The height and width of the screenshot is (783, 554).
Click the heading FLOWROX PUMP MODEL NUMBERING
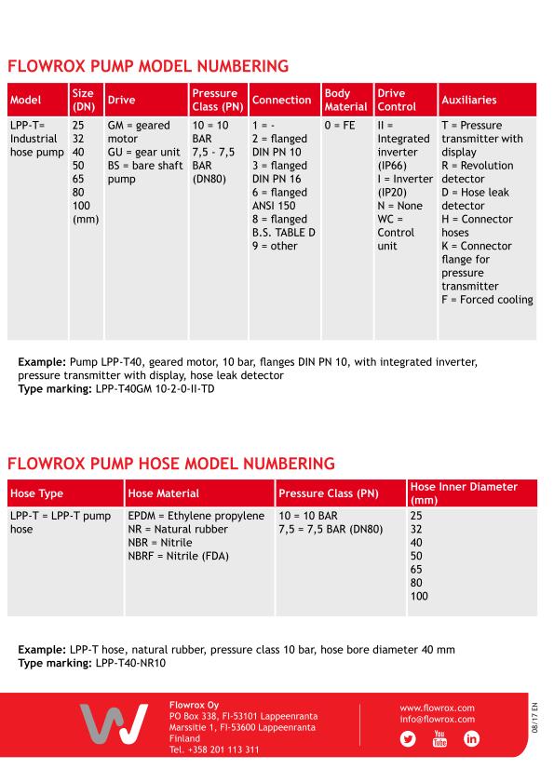[x=148, y=66]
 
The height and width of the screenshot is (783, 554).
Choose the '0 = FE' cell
[x=340, y=126]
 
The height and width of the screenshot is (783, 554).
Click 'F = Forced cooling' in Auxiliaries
[x=487, y=300]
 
